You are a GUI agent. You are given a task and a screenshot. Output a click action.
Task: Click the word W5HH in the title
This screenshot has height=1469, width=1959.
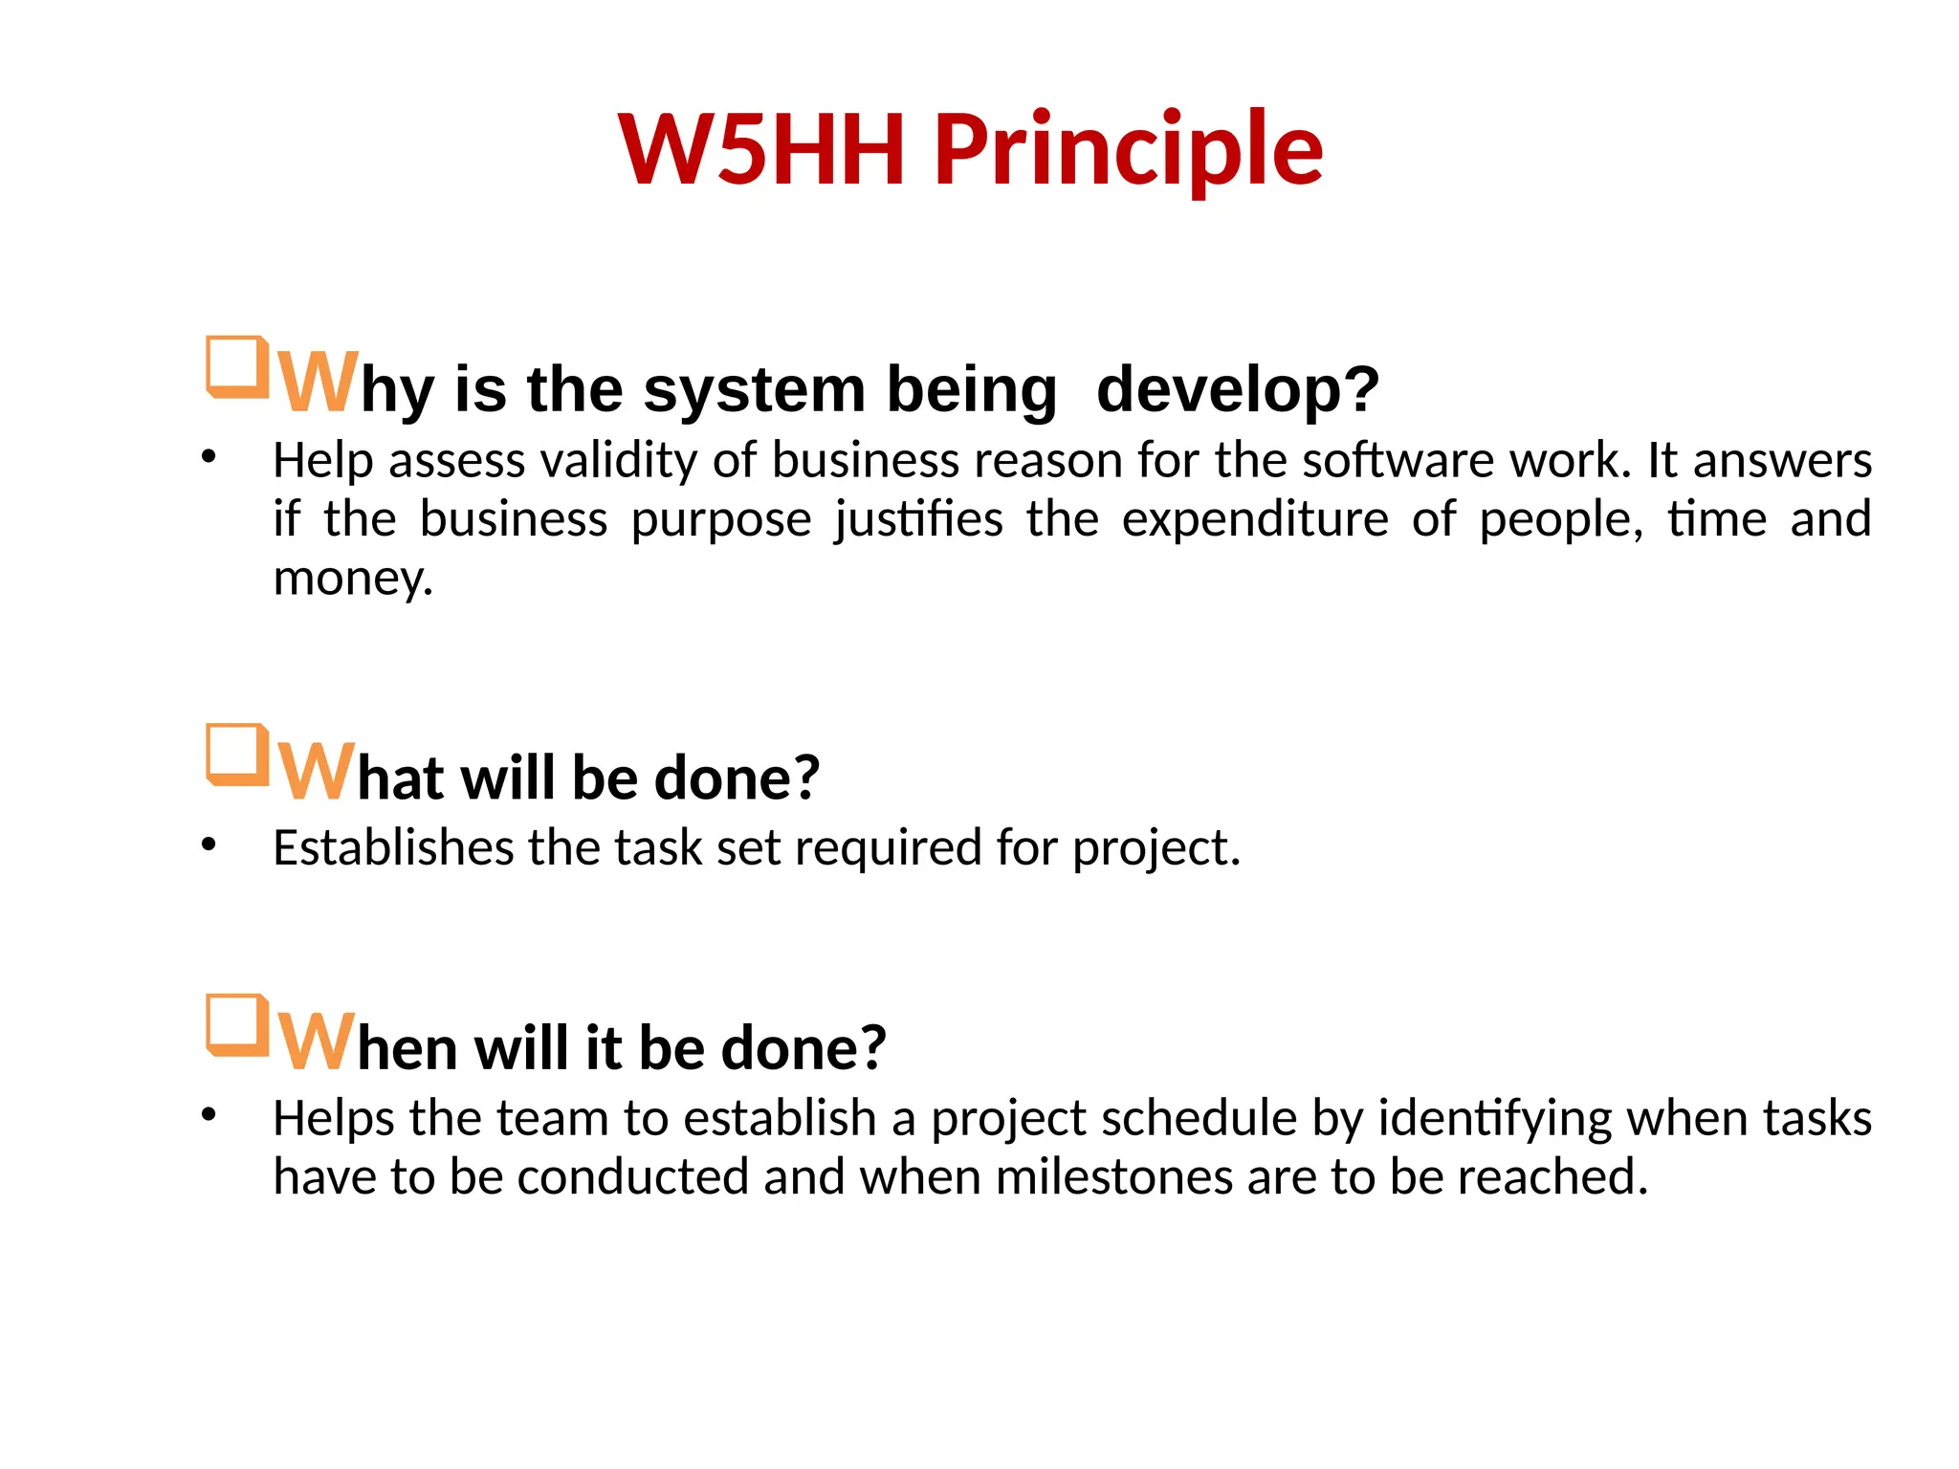point(761,150)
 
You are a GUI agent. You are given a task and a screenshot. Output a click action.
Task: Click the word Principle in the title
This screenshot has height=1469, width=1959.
point(1129,150)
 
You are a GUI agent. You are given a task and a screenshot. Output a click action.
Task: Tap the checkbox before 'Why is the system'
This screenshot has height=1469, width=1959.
point(235,366)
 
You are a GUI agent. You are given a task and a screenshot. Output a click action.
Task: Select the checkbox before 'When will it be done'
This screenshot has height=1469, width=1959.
point(235,1025)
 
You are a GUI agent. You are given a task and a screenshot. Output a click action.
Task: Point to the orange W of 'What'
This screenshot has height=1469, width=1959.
point(316,770)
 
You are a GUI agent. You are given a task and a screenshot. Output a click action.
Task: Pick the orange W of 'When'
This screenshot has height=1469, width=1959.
point(316,1041)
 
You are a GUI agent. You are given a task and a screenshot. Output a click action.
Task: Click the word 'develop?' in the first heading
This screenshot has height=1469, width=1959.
point(1238,390)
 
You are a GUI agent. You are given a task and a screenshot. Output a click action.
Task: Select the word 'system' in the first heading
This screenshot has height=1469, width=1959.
point(754,390)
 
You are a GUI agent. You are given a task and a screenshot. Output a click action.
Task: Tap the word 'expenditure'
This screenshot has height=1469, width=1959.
point(1254,520)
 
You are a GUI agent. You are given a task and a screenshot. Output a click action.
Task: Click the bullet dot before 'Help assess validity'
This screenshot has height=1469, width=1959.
point(209,457)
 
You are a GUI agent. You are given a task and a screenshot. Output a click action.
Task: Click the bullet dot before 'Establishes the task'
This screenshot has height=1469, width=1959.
point(209,844)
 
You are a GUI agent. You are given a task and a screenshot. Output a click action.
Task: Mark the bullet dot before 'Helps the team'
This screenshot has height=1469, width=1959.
point(209,1115)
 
